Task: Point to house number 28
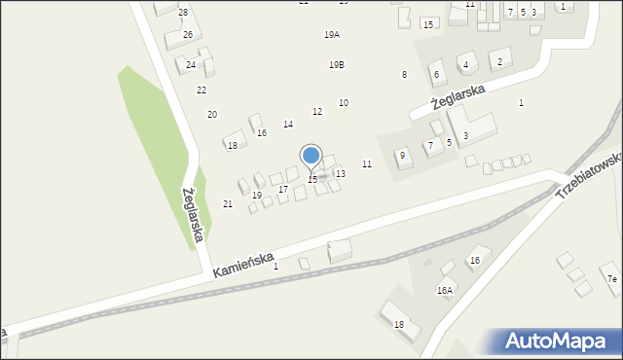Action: click(183, 12)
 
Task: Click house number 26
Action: click(188, 34)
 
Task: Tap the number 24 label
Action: click(191, 65)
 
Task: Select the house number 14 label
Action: click(288, 125)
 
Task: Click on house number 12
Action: click(317, 112)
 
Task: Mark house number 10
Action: click(344, 103)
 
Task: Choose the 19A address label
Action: click(332, 35)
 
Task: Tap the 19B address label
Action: click(336, 65)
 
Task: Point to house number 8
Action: click(404, 75)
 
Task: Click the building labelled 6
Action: click(436, 75)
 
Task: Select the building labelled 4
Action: click(466, 65)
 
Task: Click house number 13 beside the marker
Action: click(340, 173)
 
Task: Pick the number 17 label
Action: click(283, 190)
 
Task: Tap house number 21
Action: click(228, 204)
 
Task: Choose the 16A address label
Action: click(445, 290)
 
